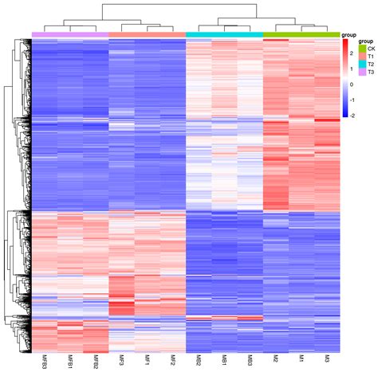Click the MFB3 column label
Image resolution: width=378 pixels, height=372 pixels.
point(45,360)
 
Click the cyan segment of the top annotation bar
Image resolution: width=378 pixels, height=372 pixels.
point(224,34)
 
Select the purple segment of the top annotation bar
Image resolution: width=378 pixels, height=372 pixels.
point(70,34)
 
